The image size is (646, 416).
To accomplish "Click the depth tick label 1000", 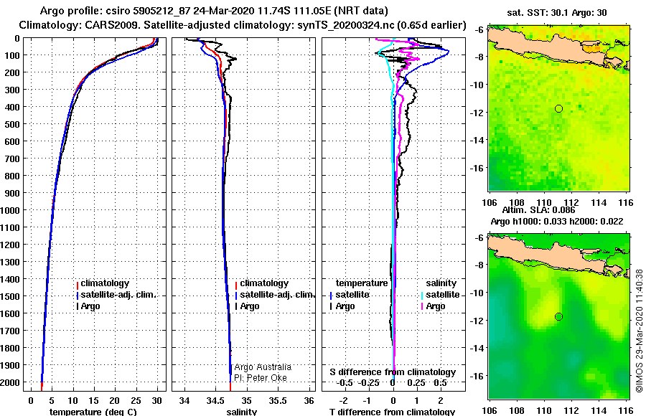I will [x=13, y=210].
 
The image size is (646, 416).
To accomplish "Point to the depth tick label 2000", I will [x=13, y=382].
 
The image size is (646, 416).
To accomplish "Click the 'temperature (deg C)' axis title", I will [x=93, y=412].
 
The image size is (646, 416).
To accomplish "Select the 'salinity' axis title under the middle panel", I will [x=242, y=412].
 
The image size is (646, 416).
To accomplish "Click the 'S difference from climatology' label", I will [x=392, y=372].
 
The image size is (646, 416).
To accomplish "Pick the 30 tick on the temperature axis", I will [x=157, y=400].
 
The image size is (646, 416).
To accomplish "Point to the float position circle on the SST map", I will [x=558, y=108].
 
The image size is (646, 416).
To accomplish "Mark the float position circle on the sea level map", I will [x=558, y=316].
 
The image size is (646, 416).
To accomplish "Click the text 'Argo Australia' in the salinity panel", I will [x=263, y=367].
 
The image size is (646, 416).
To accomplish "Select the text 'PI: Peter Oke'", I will [x=261, y=377].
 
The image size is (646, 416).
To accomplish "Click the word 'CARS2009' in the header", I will [x=114, y=26].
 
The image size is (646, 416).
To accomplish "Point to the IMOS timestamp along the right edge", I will [x=639, y=330].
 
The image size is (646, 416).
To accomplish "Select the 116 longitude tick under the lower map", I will [x=625, y=410].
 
